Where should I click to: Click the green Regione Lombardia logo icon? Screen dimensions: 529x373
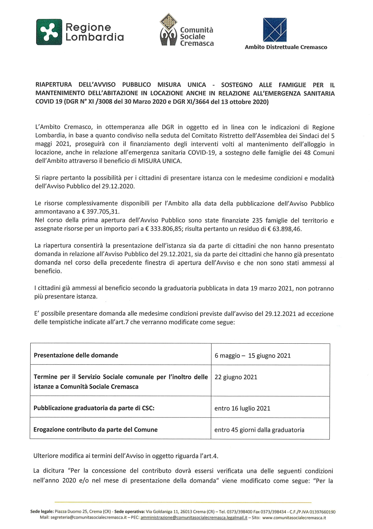pyautogui.click(x=49, y=32)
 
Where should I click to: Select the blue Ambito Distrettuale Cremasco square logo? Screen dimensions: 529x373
pyautogui.click(x=275, y=30)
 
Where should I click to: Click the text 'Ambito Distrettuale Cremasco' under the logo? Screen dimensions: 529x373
pyautogui.click(x=286, y=47)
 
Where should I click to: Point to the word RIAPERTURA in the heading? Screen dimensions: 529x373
pyautogui.click(x=54, y=85)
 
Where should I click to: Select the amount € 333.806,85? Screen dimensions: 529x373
pyautogui.click(x=163, y=229)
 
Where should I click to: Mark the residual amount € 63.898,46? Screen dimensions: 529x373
pyautogui.click(x=284, y=229)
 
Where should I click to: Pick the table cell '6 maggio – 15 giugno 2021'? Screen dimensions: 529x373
pyautogui.click(x=253, y=356)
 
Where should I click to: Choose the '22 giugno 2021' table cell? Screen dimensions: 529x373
pyautogui.click(x=236, y=377)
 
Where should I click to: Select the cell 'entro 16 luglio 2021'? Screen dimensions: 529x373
pyautogui.click(x=242, y=408)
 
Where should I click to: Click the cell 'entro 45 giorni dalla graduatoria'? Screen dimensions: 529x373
pyautogui.click(x=259, y=430)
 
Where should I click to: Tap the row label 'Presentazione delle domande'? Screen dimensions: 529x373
pyautogui.click(x=76, y=355)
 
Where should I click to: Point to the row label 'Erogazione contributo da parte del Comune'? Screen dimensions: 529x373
pyautogui.click(x=95, y=430)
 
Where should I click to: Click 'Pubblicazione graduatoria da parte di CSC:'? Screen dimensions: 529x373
pyautogui.click(x=94, y=408)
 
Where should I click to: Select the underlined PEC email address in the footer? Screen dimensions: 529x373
pyautogui.click(x=194, y=518)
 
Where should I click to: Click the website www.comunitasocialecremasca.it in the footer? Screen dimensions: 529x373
pyautogui.click(x=294, y=518)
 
